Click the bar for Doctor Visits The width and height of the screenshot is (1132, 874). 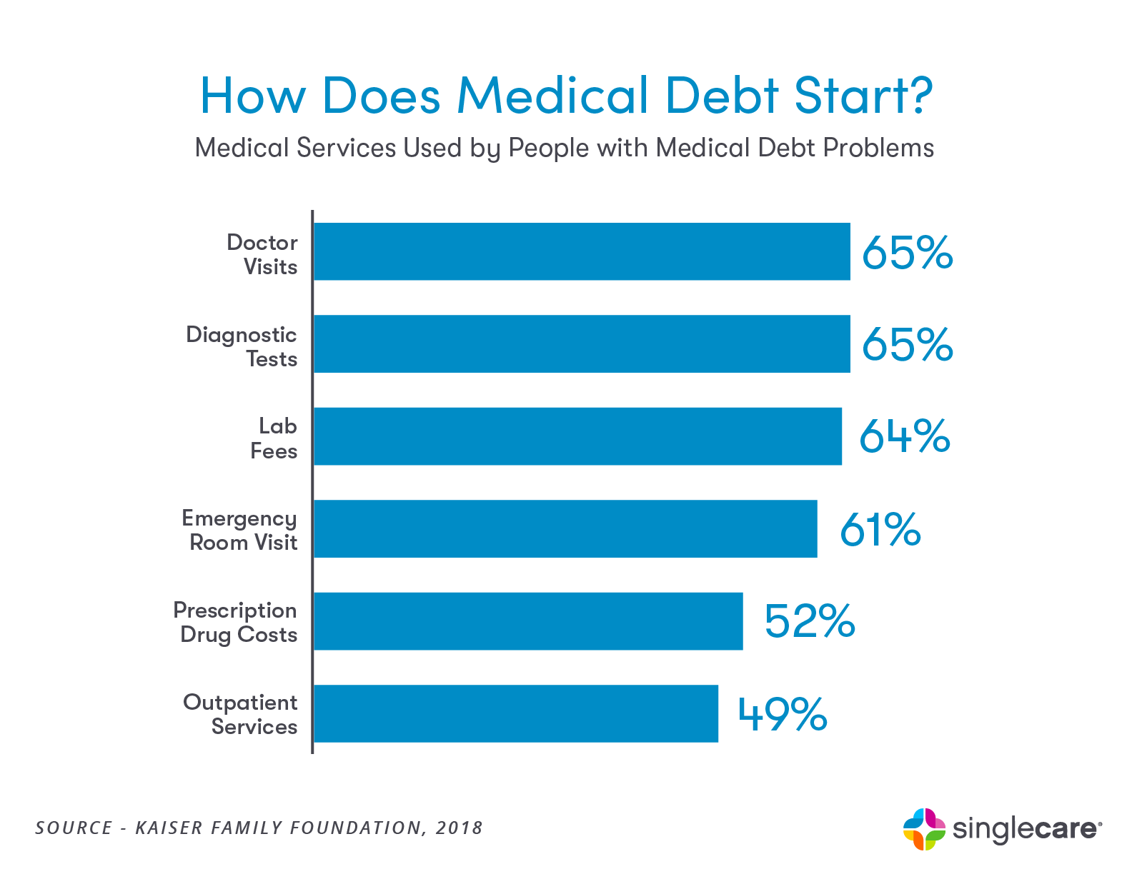(x=582, y=251)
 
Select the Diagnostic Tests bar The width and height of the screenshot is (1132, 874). (x=582, y=343)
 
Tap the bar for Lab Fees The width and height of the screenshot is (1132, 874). (x=577, y=436)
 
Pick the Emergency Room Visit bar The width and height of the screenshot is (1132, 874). (x=565, y=528)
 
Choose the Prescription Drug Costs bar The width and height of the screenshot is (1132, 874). (x=528, y=621)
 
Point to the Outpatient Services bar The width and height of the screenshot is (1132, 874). (x=515, y=713)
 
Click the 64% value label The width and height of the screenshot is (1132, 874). (x=904, y=436)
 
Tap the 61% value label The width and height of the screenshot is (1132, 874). (x=880, y=529)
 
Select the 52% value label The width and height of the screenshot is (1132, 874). (x=810, y=621)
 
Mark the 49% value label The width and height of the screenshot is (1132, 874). (x=783, y=713)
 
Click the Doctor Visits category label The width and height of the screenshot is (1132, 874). (x=262, y=254)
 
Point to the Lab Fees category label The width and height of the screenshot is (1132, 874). (x=274, y=438)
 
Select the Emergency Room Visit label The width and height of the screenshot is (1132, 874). (x=240, y=531)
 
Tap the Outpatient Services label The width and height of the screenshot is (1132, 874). (x=241, y=714)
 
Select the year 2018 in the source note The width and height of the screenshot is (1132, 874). (x=459, y=828)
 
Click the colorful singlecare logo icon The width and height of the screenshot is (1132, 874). (x=924, y=829)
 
